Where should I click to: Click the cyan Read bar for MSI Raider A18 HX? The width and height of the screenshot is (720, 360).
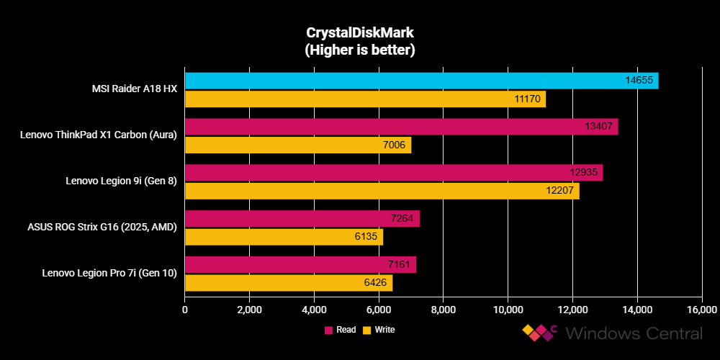click(x=421, y=81)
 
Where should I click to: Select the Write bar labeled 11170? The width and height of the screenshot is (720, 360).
click(x=365, y=99)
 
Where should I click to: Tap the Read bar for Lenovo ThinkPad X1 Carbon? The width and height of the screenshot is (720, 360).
click(x=401, y=127)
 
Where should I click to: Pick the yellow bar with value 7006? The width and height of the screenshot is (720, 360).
click(x=297, y=145)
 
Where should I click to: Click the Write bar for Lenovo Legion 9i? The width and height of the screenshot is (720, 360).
click(x=382, y=191)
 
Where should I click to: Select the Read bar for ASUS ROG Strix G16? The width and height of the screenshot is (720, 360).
click(x=302, y=219)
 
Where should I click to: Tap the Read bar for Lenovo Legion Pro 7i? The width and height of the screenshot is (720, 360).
click(x=300, y=265)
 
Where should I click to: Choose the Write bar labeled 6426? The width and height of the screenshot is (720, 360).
click(x=288, y=283)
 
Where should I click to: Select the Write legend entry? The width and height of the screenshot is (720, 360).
click(x=379, y=330)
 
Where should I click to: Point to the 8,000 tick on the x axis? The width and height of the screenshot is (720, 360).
click(x=443, y=310)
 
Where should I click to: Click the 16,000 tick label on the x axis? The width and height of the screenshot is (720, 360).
click(x=701, y=310)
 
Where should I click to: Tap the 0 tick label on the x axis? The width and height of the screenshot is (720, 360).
click(x=185, y=310)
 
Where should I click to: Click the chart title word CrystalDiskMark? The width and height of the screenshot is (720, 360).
click(x=359, y=33)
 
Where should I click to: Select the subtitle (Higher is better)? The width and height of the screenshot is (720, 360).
click(x=359, y=50)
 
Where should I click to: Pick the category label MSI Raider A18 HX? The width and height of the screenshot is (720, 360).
click(x=135, y=89)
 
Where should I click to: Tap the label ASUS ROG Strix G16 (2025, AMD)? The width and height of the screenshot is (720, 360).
click(x=102, y=228)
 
